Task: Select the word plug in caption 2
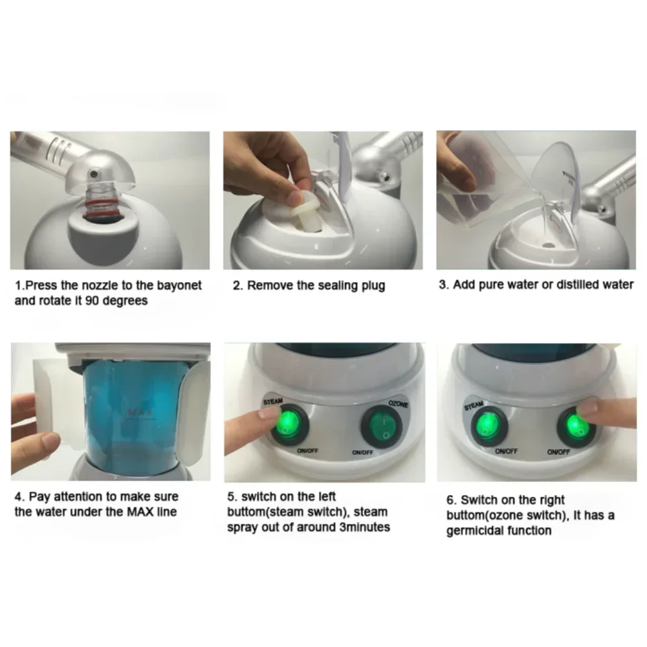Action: [371, 285]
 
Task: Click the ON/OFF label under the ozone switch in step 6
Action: [559, 452]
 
